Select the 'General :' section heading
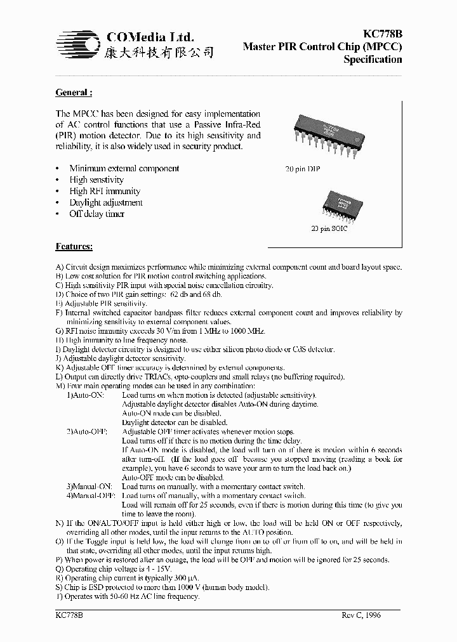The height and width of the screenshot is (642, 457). coord(74,93)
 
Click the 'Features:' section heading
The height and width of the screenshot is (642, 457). coord(74,246)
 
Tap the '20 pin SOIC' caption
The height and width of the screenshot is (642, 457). coord(329,228)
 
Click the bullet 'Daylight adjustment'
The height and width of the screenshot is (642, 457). coord(106,202)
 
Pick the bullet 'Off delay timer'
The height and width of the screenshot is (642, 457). coord(96,214)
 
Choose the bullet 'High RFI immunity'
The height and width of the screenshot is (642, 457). coord(105,191)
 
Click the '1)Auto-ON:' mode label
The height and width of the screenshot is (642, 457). coord(86,395)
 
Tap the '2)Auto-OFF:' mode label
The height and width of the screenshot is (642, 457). coord(87,431)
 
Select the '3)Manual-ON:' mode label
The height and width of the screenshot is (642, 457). coord(89,486)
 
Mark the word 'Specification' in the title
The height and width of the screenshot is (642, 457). coord(373,60)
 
